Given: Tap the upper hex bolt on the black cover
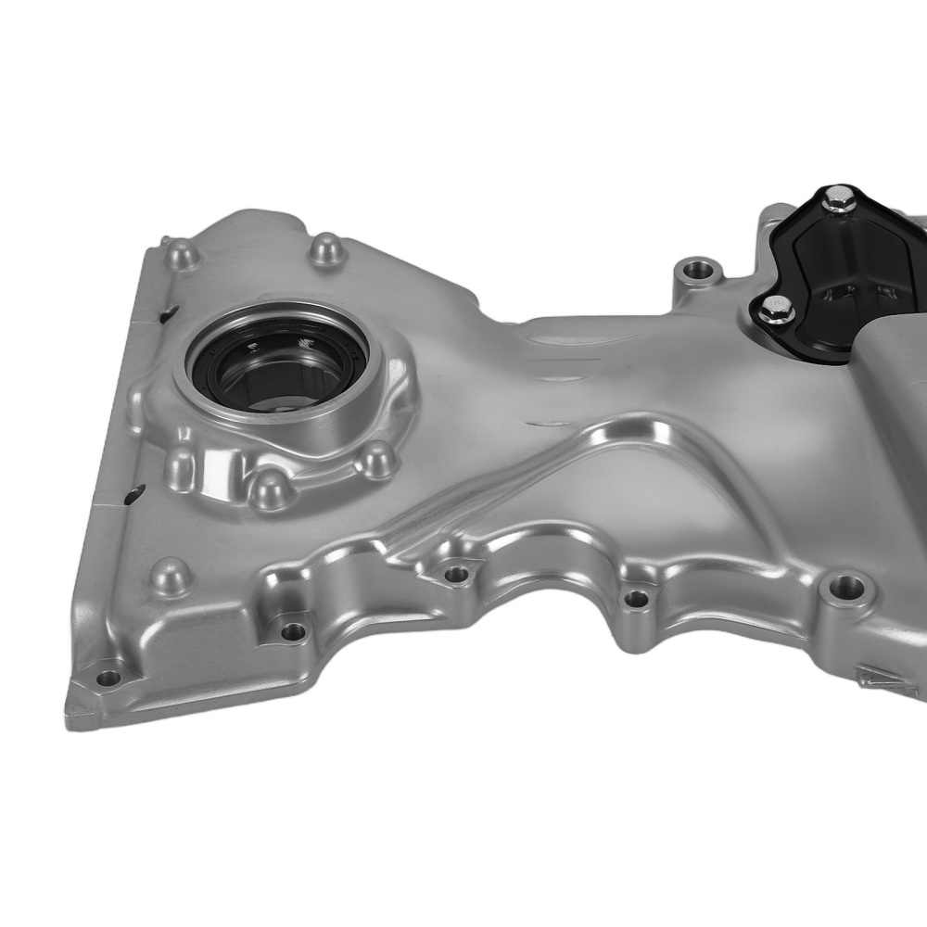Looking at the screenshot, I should point(839,199).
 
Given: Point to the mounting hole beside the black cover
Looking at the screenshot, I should point(698,272).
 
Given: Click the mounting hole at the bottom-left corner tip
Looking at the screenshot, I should point(108,677).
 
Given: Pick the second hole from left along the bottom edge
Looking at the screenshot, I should point(293,631).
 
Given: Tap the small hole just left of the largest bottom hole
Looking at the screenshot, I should point(636,599).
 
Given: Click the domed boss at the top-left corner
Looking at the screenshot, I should point(181,252).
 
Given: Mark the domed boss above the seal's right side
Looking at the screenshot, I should point(325,248).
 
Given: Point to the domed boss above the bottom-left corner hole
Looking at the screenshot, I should point(171,575).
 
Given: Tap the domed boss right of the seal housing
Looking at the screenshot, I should point(375,459).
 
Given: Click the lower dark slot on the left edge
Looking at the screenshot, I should point(135,490).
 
